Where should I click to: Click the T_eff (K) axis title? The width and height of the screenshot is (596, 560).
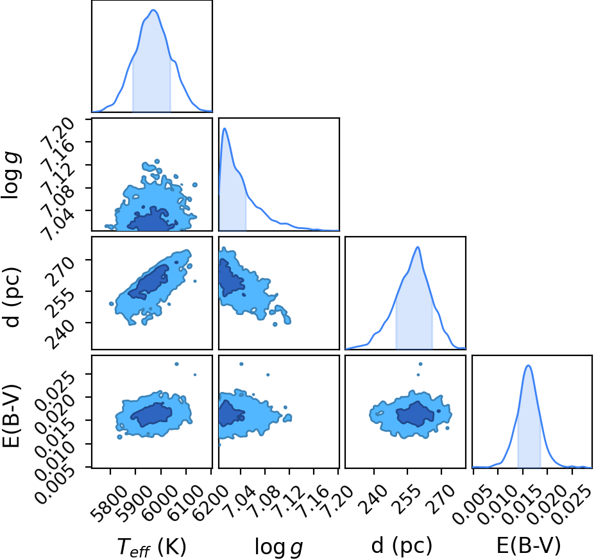point(151,547)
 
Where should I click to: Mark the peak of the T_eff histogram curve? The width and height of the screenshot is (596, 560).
point(153,10)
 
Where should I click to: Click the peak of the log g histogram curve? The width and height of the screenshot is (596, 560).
point(225,128)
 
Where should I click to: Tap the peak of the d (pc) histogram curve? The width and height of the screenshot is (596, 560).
point(418,247)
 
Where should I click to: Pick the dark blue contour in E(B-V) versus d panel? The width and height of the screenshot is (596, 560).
point(416,414)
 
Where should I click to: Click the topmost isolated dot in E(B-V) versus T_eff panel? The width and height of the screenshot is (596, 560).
point(176,364)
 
